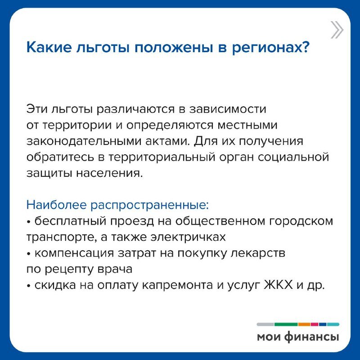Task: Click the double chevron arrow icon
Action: click(337, 30)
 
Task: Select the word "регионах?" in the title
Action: click(271, 48)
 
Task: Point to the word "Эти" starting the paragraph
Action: click(37, 109)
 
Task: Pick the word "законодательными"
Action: click(84, 141)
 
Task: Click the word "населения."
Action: click(109, 173)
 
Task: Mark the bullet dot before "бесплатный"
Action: click(28, 222)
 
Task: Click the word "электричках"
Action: click(188, 237)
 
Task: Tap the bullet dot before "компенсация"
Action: click(28, 254)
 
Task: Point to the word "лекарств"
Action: click(258, 253)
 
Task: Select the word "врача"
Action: click(115, 270)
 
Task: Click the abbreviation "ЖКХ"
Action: click(279, 285)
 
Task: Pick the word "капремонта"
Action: click(178, 286)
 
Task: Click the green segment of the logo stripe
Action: click(286, 324)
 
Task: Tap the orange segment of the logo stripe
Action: click(304, 324)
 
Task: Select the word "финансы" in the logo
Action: click(311, 337)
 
